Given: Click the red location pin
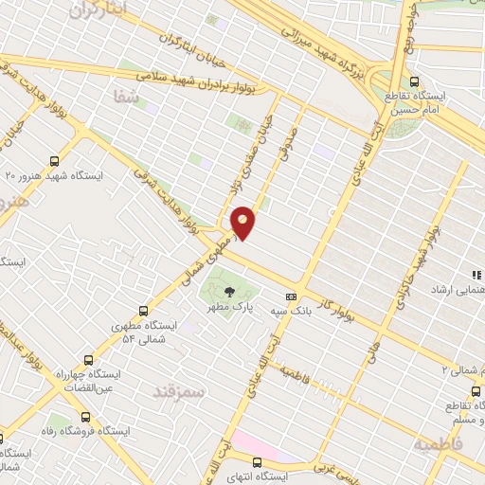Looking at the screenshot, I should click(x=243, y=222).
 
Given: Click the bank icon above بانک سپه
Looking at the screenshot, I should click(x=291, y=295).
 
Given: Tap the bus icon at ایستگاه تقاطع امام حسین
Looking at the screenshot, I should click(x=414, y=81).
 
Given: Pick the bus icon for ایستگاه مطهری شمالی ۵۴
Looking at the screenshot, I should click(x=144, y=311).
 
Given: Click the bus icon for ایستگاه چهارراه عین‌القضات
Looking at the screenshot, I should click(x=88, y=361).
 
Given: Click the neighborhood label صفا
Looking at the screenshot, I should click(x=127, y=96).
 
